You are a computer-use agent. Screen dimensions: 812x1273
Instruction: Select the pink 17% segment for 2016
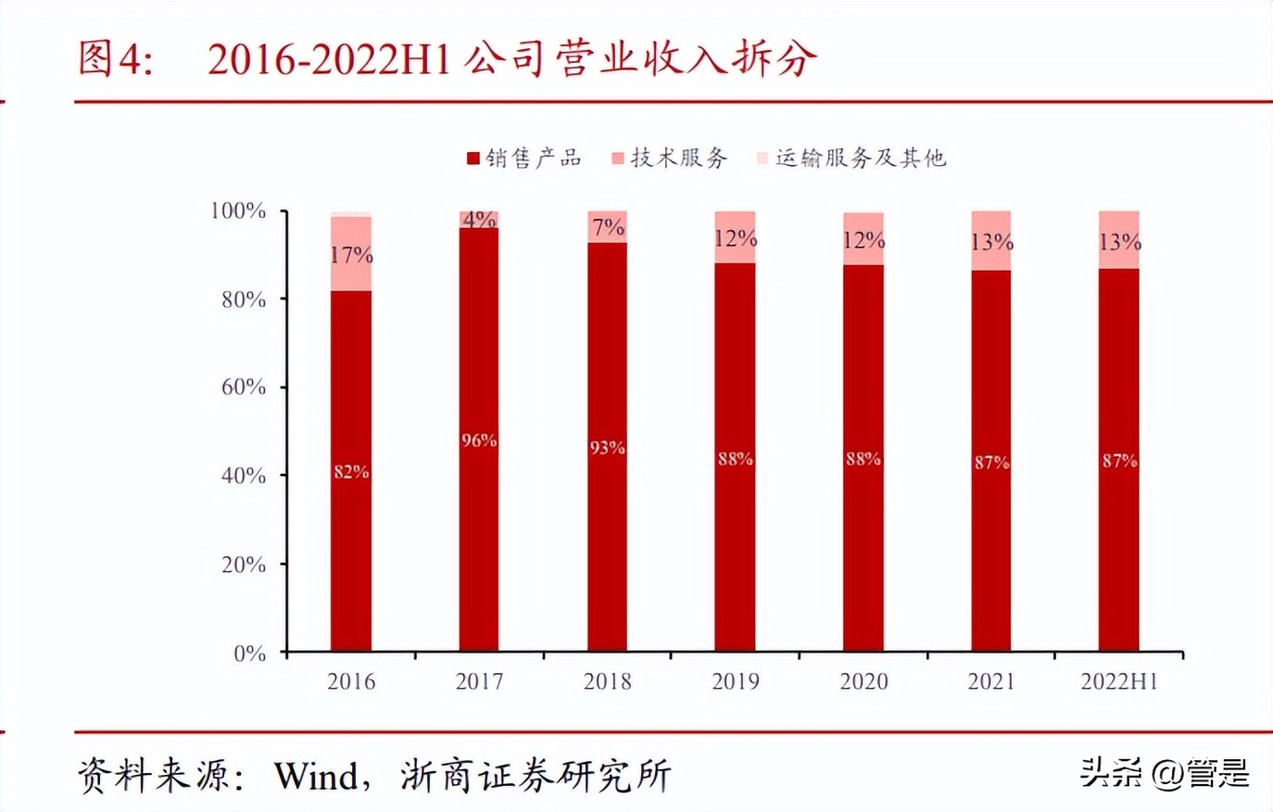(x=350, y=254)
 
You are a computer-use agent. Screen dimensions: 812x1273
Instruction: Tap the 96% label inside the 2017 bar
(x=479, y=440)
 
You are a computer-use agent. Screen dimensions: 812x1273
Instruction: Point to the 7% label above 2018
(x=608, y=227)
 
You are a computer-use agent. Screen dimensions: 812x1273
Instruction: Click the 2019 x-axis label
(x=735, y=682)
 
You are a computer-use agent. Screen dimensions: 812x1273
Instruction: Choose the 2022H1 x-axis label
(x=1119, y=682)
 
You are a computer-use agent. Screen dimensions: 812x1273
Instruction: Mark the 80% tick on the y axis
(x=244, y=299)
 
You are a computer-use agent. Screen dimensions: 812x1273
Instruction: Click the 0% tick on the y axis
(x=250, y=653)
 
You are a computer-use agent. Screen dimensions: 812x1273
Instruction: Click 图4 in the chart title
(x=114, y=58)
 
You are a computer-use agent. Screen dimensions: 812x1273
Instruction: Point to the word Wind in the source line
(x=316, y=776)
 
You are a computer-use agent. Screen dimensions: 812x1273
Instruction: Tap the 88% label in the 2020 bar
(x=863, y=459)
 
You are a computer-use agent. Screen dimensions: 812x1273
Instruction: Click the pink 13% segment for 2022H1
(x=1119, y=241)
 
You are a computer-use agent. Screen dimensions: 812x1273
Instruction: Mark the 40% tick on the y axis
(x=244, y=476)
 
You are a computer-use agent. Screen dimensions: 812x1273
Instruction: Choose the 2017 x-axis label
(x=479, y=682)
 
